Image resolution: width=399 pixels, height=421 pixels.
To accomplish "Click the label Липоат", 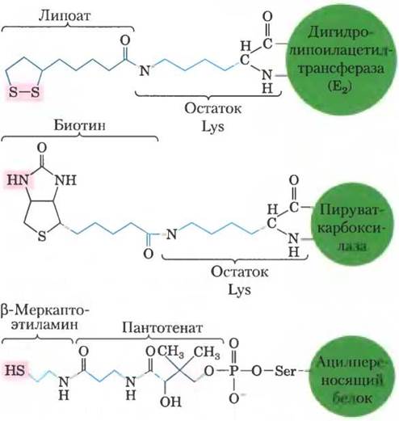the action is tap(65, 16).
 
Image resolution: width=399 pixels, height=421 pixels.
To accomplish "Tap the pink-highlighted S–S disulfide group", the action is tap(24, 92).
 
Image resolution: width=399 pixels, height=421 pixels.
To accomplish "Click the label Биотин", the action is tap(80, 125).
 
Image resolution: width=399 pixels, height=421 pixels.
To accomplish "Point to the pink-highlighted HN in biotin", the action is tap(18, 179).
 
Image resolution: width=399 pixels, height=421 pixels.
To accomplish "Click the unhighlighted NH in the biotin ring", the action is tap(65, 179).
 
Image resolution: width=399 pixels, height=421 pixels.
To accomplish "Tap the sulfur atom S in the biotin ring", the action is tap(42, 236).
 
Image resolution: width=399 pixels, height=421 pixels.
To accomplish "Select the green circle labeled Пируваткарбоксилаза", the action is tap(351, 229).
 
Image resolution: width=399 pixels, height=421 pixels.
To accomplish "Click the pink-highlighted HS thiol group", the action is tap(15, 369).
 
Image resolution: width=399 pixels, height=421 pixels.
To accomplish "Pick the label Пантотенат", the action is tap(162, 328).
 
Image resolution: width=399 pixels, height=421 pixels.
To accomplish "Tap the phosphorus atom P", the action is tap(233, 371).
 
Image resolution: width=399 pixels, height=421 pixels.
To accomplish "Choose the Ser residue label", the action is tap(285, 371).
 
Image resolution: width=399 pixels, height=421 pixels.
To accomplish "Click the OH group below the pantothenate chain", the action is tap(170, 402).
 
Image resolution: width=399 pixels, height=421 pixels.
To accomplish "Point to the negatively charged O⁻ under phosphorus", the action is tap(235, 398).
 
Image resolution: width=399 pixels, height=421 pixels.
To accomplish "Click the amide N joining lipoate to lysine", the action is tap(145, 70).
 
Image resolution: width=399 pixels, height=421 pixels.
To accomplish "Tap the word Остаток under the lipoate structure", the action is tap(212, 108).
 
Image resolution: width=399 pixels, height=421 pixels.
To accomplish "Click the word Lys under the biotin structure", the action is tap(239, 290).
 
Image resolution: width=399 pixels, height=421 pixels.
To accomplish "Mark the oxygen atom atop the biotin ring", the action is tap(42, 148).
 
